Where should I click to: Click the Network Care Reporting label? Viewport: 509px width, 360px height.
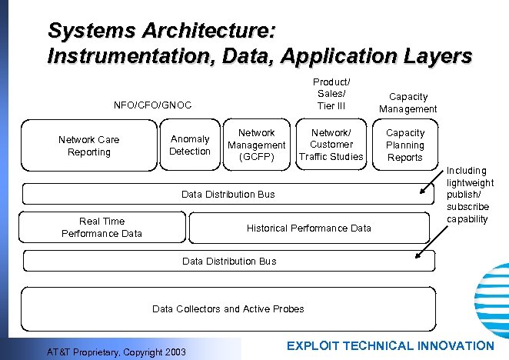[88, 145]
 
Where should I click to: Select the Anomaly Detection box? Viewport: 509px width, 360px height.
[190, 145]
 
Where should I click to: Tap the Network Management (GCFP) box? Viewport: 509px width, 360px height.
[257, 145]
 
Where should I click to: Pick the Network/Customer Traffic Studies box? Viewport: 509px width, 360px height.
[331, 145]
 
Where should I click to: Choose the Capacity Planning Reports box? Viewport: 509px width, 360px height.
[404, 145]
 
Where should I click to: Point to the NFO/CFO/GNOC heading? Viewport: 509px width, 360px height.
[152, 105]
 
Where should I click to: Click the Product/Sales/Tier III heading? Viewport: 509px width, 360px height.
[331, 94]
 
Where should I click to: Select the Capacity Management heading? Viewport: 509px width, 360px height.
[408, 102]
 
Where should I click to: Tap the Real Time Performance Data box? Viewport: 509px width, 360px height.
[101, 227]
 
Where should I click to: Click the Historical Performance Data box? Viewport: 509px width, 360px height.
[308, 228]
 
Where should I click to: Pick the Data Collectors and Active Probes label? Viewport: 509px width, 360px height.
[228, 308]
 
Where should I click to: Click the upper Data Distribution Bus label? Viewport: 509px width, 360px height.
[228, 194]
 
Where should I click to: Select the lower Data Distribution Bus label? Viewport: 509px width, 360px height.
[229, 261]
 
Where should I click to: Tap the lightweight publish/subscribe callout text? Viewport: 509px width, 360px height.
[469, 195]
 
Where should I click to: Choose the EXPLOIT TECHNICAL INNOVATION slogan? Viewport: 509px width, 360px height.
[390, 346]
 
